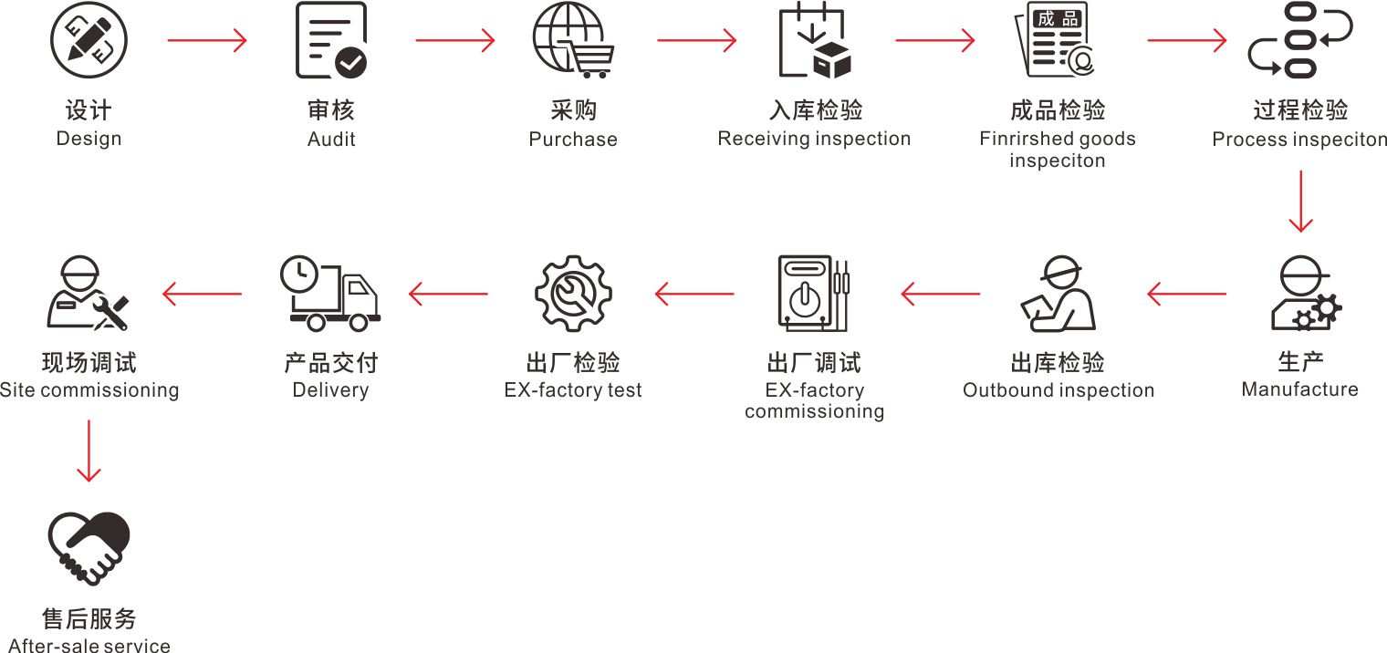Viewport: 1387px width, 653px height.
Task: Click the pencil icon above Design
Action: click(x=89, y=41)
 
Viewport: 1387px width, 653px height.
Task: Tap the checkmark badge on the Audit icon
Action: click(x=351, y=63)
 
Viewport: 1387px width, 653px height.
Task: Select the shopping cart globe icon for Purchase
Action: click(x=573, y=41)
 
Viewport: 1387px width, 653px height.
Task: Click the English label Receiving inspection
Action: click(x=814, y=139)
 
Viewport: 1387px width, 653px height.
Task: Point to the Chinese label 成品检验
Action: click(x=1058, y=110)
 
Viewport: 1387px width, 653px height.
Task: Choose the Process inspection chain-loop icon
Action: click(x=1298, y=41)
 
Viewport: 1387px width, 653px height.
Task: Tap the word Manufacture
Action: click(x=1299, y=389)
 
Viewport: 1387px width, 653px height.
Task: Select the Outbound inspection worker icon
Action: click(x=1058, y=294)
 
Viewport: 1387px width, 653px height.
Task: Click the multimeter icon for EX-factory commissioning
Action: click(x=813, y=292)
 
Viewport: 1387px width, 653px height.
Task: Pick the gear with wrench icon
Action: click(x=573, y=294)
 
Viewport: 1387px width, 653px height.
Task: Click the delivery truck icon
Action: click(x=330, y=295)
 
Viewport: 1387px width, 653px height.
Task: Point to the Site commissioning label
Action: click(x=89, y=390)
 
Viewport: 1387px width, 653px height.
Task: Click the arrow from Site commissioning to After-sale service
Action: click(x=89, y=451)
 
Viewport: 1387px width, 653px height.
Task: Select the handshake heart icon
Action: click(x=89, y=546)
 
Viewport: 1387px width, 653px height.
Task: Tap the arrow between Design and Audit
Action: click(x=207, y=41)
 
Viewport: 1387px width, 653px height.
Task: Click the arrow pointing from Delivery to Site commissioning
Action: click(x=202, y=294)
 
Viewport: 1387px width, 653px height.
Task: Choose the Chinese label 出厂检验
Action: click(x=573, y=363)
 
